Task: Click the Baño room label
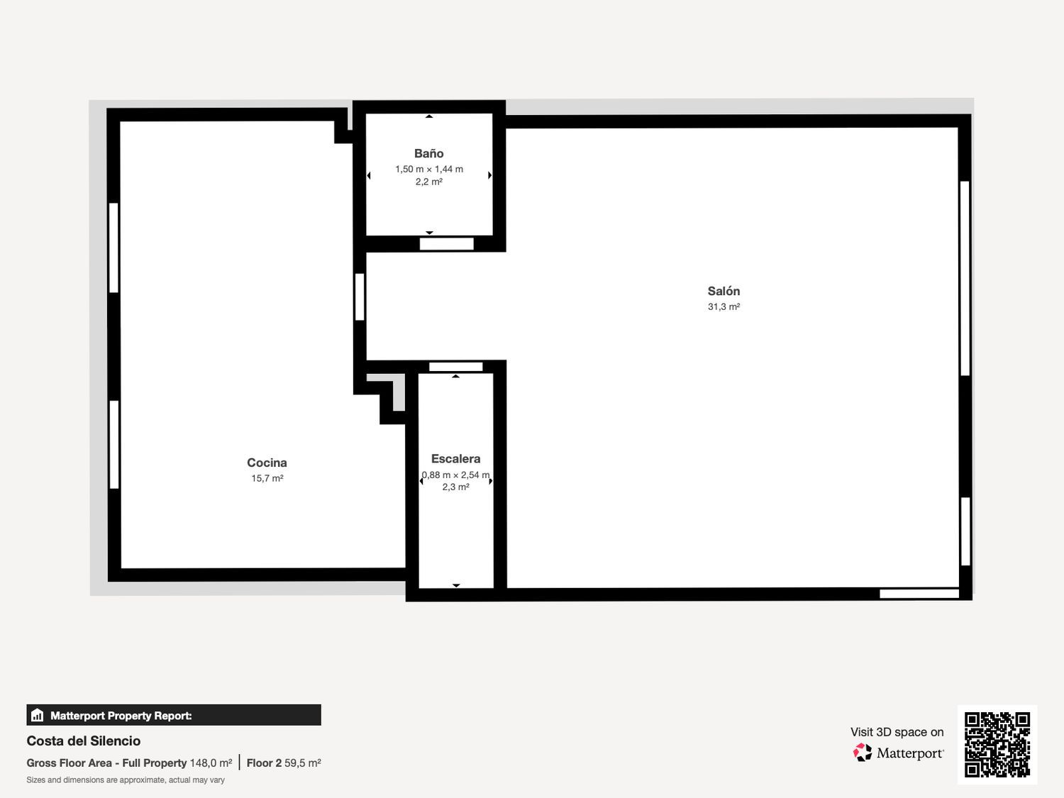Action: (x=428, y=154)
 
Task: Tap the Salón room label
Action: (x=724, y=292)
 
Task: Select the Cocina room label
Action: (x=267, y=462)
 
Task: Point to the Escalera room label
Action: (x=455, y=459)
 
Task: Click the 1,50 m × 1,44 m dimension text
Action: (x=429, y=169)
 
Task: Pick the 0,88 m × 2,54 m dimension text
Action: (x=455, y=475)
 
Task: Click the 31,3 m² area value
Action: (x=724, y=306)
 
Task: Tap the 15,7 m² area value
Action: (x=267, y=478)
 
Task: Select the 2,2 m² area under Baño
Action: (x=429, y=182)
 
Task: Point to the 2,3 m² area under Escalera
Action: (x=455, y=487)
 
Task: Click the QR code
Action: (x=997, y=744)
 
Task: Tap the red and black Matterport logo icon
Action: (x=863, y=753)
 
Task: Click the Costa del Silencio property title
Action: (x=84, y=741)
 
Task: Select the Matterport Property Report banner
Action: (x=174, y=715)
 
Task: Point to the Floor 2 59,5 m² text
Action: (x=284, y=763)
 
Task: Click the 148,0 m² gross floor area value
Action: (x=211, y=763)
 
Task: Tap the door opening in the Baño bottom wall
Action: (x=446, y=244)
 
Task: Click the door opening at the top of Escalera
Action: (x=455, y=367)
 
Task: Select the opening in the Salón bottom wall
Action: (x=919, y=594)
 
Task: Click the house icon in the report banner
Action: (x=38, y=715)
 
